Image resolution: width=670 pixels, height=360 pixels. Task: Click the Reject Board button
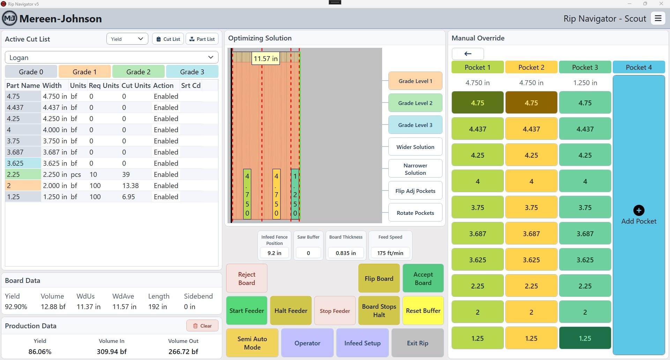tap(247, 278)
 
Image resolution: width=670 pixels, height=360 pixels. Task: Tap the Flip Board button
tap(379, 278)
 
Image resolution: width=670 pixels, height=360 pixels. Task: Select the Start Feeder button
tap(247, 310)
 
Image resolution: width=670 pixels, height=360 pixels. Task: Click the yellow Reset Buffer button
tap(423, 310)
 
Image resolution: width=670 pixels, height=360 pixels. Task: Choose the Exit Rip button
tap(417, 343)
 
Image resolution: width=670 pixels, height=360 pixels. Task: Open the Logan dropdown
tap(112, 58)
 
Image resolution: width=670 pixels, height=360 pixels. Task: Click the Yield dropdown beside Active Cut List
tap(127, 39)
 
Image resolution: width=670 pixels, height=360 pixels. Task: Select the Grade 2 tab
tap(139, 72)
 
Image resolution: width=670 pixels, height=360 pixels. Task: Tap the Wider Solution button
tap(415, 147)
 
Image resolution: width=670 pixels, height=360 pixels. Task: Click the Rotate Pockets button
tap(415, 213)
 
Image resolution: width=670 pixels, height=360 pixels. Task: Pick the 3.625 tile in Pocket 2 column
tap(531, 260)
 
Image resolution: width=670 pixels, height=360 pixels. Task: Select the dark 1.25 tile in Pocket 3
tap(585, 338)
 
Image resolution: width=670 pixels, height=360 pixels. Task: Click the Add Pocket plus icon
tap(639, 210)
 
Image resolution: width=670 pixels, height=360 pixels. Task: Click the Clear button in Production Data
tap(202, 326)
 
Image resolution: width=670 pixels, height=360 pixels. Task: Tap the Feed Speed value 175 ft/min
tap(390, 253)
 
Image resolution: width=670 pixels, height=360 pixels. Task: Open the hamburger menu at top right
tap(658, 18)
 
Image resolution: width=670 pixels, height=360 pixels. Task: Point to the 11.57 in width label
tap(266, 59)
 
